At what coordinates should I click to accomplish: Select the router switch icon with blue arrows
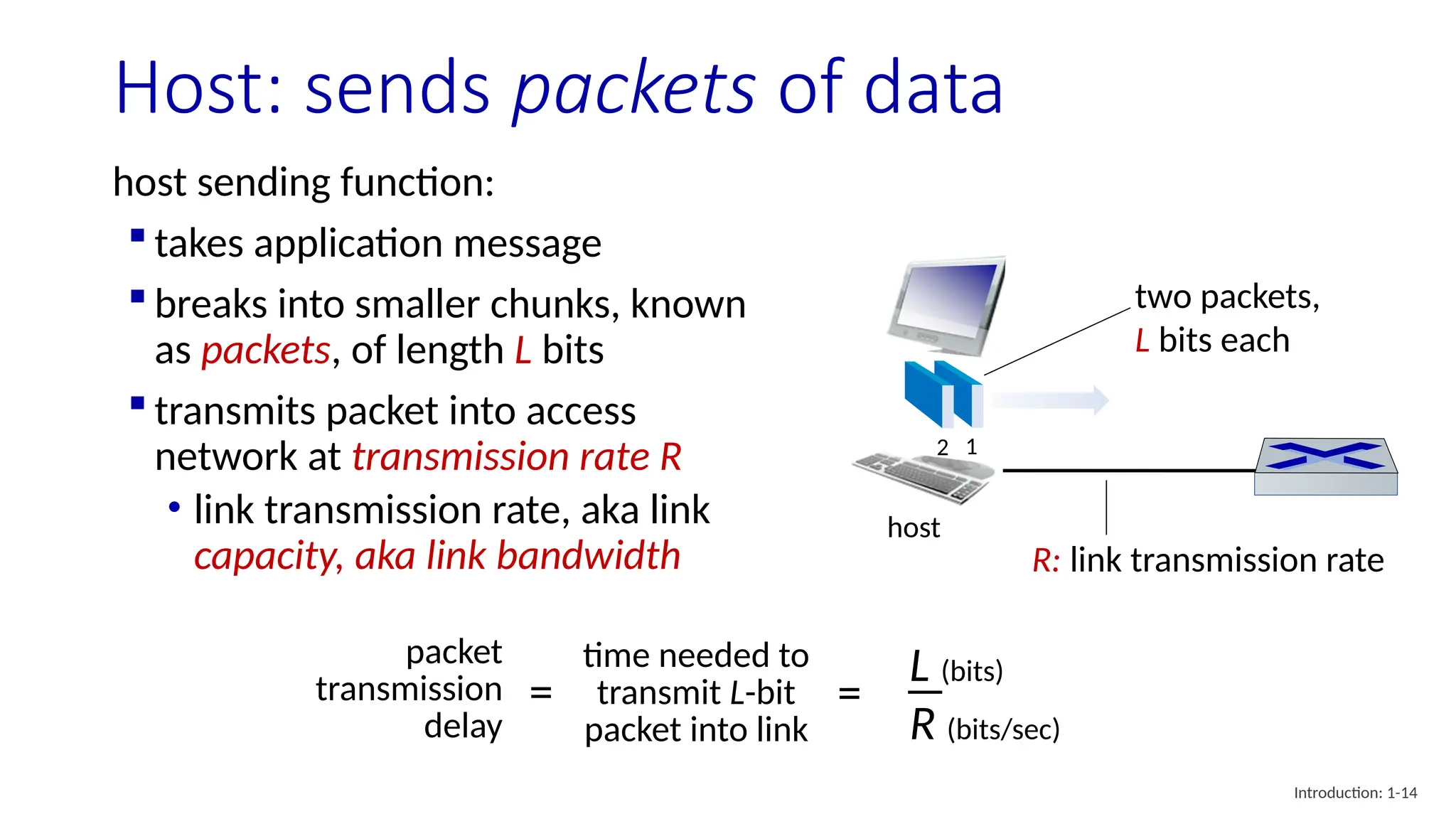point(1326,466)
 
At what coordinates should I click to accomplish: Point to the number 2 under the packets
point(943,448)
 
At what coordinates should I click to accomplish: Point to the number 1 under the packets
point(972,447)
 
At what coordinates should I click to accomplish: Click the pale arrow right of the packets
point(1051,400)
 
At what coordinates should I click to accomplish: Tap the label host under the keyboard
point(914,528)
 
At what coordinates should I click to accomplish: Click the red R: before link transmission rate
point(1046,561)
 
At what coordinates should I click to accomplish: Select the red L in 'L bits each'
point(1142,341)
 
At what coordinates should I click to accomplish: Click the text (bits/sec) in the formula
point(1003,729)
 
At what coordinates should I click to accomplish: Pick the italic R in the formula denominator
point(923,725)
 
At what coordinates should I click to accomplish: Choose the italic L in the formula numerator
point(919,667)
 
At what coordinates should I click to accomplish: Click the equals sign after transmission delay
point(541,692)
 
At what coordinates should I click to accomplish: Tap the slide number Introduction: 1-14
point(1355,793)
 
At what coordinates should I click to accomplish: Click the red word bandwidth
point(589,556)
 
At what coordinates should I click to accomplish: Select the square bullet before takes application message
point(138,236)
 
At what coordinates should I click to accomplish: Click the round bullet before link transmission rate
point(174,508)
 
